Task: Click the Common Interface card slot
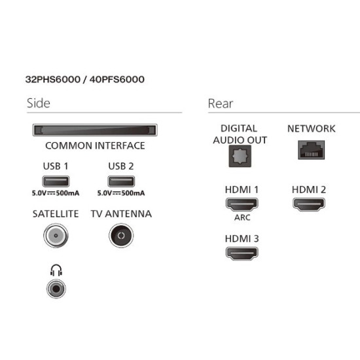[95, 130]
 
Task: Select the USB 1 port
[56, 181]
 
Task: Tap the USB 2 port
[121, 181]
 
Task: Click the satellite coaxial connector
[56, 236]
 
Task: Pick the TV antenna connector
[121, 236]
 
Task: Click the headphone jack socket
[56, 289]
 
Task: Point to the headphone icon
[56, 270]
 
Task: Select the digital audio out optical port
[240, 156]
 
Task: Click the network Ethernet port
[311, 150]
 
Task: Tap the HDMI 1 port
[242, 204]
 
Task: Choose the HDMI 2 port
[309, 204]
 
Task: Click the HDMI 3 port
[242, 253]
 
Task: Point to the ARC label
[242, 217]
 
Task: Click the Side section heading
[39, 103]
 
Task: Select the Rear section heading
[221, 103]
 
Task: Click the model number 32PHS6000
[53, 79]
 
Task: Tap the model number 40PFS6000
[117, 79]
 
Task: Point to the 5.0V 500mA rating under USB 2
[121, 193]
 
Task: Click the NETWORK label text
[312, 128]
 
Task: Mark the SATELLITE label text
[56, 214]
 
